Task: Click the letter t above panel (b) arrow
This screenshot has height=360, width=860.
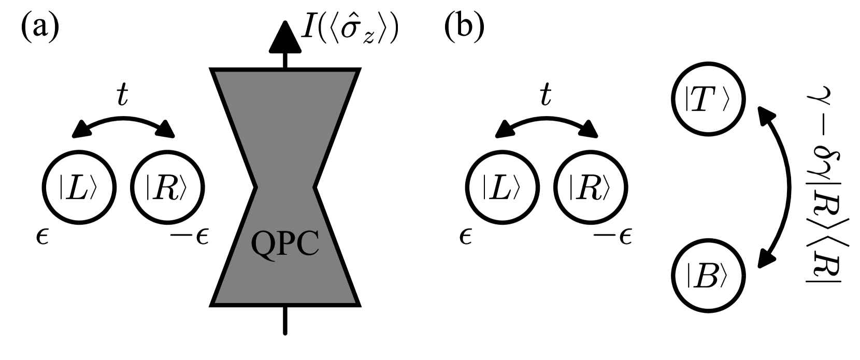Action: click(x=545, y=95)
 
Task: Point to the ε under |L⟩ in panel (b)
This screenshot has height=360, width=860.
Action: click(x=466, y=239)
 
